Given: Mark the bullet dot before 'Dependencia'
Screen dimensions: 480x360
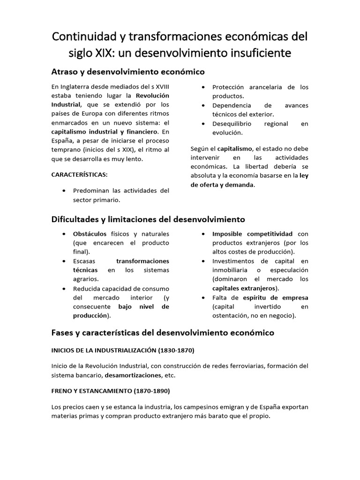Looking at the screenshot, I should pos(202,105).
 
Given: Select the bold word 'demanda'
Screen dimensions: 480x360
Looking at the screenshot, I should pos(239,185).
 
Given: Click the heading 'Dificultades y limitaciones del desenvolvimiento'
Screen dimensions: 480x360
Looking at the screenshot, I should pos(148,219).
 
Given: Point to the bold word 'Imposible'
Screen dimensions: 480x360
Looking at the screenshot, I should pos(228,233).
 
